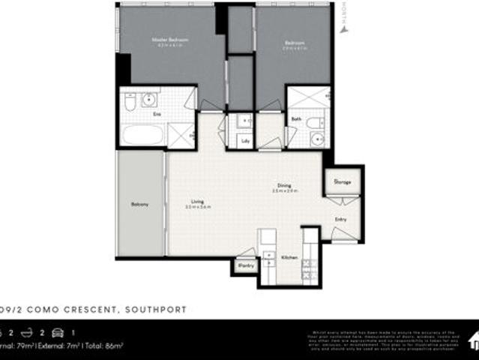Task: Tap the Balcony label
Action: pyautogui.click(x=139, y=204)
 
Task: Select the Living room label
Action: pyautogui.click(x=197, y=201)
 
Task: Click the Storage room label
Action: pyautogui.click(x=343, y=182)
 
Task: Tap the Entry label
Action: pyautogui.click(x=341, y=219)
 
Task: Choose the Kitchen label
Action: pyautogui.click(x=289, y=258)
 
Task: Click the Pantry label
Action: pyautogui.click(x=244, y=265)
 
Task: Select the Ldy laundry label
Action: pyautogui.click(x=245, y=139)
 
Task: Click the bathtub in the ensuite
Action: pyautogui.click(x=142, y=136)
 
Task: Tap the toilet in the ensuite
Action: pyautogui.click(x=129, y=102)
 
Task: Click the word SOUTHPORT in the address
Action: pyautogui.click(x=156, y=310)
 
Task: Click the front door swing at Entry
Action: pyautogui.click(x=343, y=234)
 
